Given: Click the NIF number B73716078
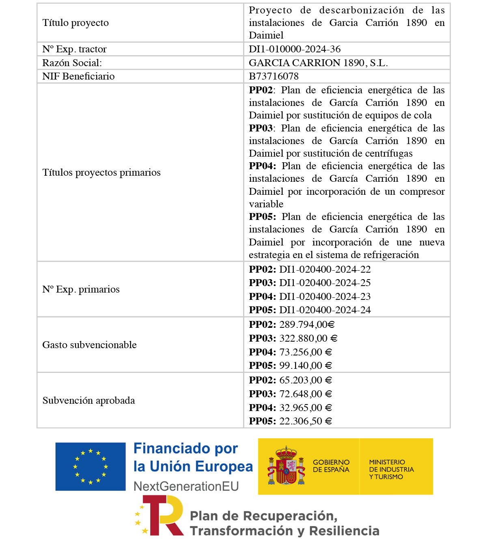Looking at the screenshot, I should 274,76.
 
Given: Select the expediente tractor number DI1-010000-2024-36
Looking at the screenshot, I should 295,49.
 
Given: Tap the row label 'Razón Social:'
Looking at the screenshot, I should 72,63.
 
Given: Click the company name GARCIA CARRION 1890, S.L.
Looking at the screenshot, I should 318,63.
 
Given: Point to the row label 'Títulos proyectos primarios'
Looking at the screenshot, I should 101,172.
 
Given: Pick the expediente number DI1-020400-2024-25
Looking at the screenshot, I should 325,283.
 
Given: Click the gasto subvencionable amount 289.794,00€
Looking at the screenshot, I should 307,325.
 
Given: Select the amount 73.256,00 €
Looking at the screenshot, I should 306,352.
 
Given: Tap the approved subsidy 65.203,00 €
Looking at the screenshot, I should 306,380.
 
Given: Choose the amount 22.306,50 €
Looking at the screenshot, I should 306,421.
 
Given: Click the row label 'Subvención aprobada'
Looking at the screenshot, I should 88,400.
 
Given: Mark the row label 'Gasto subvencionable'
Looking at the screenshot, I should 89,345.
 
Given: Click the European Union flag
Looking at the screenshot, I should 91,466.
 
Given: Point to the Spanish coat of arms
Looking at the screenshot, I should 286,466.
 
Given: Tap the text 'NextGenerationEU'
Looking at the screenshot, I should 186,486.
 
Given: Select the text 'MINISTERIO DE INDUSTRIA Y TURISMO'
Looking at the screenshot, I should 391,469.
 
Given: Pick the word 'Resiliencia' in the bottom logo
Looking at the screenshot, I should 344,531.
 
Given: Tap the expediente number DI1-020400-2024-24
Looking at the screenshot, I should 325,310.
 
